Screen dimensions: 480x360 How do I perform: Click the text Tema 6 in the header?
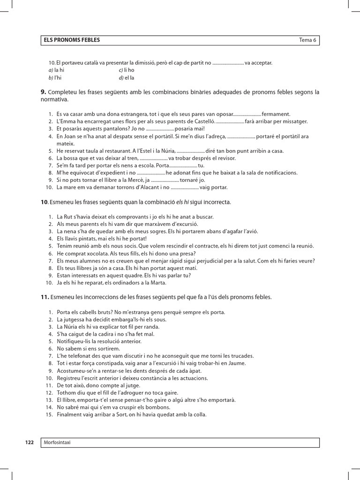(x=308, y=40)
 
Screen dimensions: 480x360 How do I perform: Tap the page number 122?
(x=29, y=442)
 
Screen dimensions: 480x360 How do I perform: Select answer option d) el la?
(x=127, y=77)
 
